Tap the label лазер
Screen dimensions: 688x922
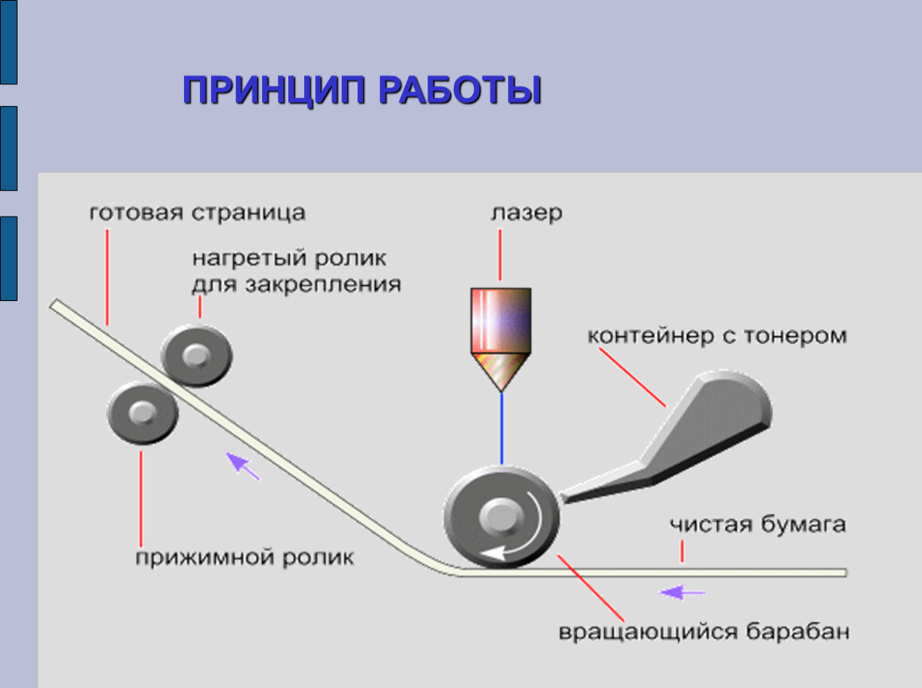(x=526, y=213)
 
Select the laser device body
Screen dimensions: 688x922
(x=500, y=320)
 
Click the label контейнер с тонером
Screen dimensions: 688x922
(x=717, y=335)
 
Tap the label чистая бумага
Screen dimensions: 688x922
(x=757, y=525)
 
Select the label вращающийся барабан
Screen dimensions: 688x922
(x=704, y=632)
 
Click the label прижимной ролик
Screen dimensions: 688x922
(x=244, y=556)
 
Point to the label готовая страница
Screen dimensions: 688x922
(x=197, y=213)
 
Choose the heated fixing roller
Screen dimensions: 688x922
(x=196, y=355)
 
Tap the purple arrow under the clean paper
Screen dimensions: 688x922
(x=682, y=592)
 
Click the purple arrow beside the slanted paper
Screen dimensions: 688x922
(x=242, y=465)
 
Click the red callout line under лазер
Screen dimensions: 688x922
(x=501, y=255)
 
